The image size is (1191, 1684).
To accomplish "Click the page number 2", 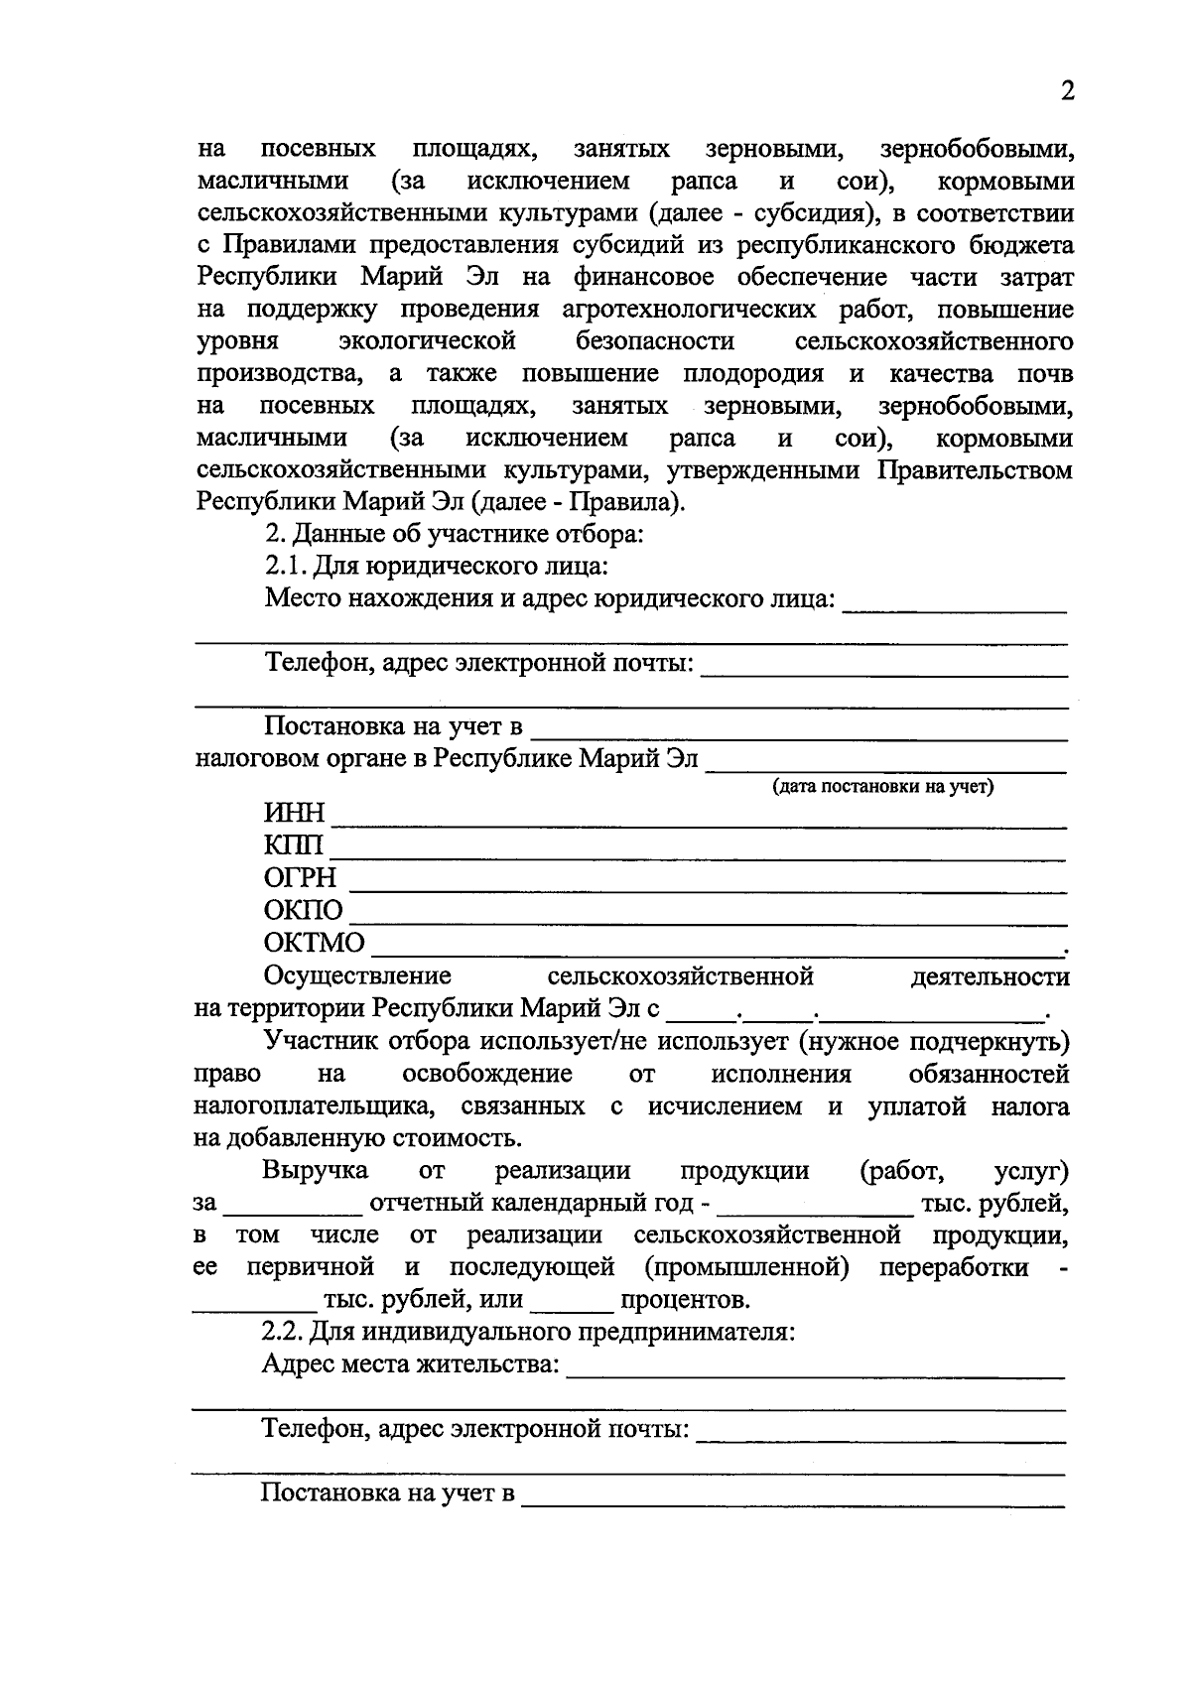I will click(1067, 91).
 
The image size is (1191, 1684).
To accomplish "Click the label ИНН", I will click(294, 814).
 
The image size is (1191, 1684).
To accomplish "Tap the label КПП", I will click(294, 846).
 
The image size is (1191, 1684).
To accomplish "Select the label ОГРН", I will click(300, 878).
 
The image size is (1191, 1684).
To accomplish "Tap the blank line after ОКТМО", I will click(715, 953).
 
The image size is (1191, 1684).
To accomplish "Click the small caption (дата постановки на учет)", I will click(883, 788).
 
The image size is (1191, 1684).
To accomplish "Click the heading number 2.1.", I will click(285, 567).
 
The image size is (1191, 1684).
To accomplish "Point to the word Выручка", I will click(315, 1171).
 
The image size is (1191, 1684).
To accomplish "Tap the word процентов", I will click(685, 1300).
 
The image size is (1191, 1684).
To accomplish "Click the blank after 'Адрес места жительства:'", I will click(814, 1375).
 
